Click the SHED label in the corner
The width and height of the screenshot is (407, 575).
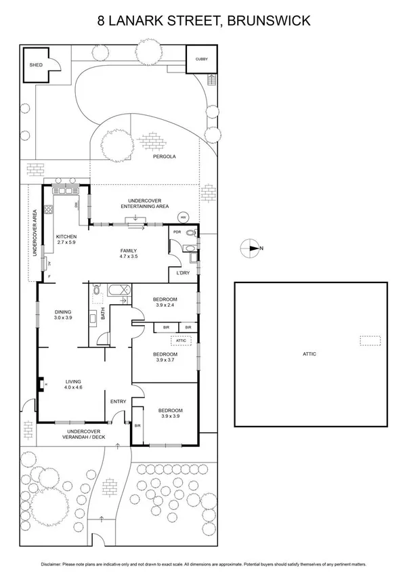(35, 64)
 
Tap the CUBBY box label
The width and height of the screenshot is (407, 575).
(202, 60)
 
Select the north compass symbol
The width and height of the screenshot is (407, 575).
(251, 249)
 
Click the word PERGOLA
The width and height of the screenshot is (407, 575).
(164, 156)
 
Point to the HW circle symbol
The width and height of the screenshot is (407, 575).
(183, 217)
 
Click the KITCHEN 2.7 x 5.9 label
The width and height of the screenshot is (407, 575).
(67, 240)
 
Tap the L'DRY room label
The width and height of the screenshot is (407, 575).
(183, 273)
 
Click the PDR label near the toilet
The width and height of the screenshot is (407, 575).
(177, 232)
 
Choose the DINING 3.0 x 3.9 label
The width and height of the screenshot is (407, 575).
(63, 314)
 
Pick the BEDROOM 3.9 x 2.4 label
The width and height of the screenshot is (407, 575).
(165, 303)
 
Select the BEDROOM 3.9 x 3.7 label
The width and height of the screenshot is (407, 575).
(165, 358)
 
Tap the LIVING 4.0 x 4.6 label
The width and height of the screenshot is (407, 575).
(73, 384)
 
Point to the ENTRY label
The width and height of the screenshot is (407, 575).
(119, 402)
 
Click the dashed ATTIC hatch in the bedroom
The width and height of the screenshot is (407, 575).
(179, 341)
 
